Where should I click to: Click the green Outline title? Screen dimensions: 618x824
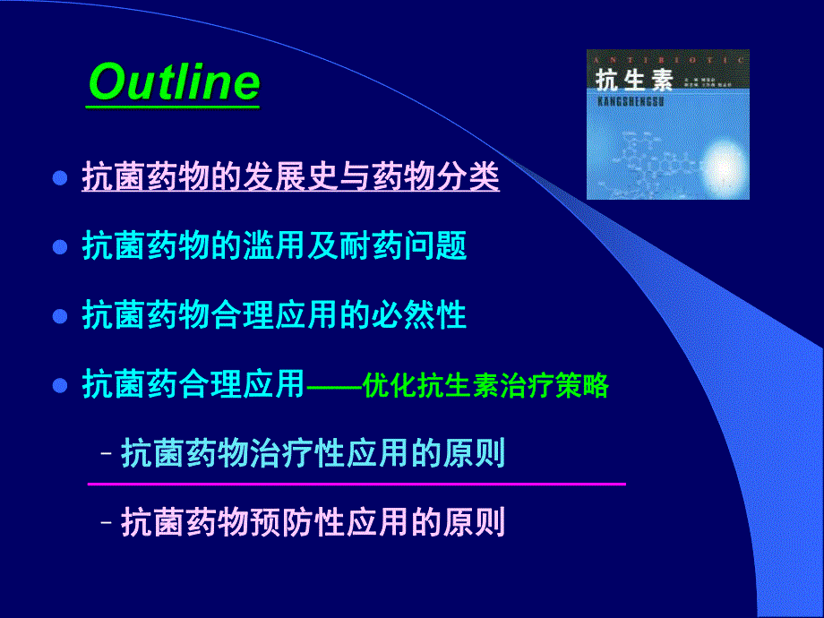click(x=175, y=83)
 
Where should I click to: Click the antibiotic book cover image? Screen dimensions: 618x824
click(x=667, y=124)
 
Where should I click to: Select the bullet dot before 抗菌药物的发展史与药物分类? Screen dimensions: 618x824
click(x=61, y=177)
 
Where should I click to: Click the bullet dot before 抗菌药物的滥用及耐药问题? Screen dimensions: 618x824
click(x=61, y=247)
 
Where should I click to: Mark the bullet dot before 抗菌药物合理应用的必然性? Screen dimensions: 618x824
click(x=61, y=316)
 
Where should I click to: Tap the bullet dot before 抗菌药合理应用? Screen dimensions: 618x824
click(x=61, y=386)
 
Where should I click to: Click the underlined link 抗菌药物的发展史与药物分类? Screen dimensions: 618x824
click(x=290, y=176)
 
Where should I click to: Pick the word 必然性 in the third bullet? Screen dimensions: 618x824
click(x=429, y=316)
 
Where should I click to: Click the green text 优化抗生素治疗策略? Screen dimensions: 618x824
click(x=486, y=386)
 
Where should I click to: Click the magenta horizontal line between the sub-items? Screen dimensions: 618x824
click(x=356, y=484)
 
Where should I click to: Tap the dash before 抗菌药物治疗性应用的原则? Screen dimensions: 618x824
click(x=107, y=455)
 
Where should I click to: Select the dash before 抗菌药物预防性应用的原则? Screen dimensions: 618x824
click(x=107, y=523)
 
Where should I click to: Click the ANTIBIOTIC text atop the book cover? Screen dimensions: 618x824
click(x=667, y=57)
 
